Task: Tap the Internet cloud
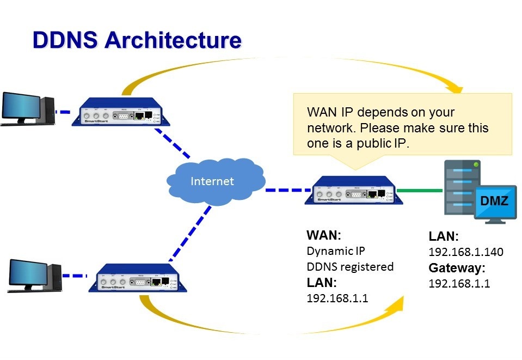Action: point(212,181)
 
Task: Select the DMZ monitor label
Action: point(494,202)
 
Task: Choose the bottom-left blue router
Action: point(137,279)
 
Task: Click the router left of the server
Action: point(353,191)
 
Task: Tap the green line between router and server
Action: point(419,191)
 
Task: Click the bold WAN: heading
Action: point(323,236)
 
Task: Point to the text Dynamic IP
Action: point(336,252)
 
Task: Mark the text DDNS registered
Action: point(350,267)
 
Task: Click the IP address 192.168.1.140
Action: point(466,252)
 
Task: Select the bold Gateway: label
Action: point(457,268)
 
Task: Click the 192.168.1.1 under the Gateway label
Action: point(459,284)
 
